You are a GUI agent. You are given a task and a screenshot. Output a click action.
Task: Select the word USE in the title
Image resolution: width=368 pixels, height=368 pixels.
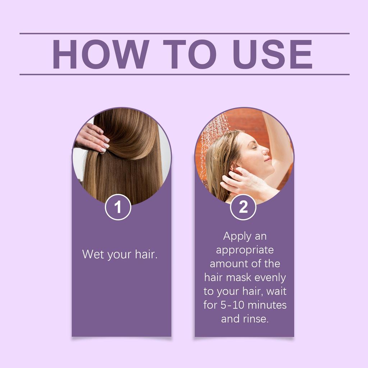tap(272, 54)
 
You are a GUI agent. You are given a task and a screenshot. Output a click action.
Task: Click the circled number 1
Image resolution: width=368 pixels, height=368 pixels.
tap(118, 207)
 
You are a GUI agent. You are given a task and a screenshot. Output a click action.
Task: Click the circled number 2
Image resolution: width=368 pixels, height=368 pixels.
tap(243, 207)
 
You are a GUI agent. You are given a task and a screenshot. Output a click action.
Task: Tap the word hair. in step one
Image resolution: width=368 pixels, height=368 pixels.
tap(146, 254)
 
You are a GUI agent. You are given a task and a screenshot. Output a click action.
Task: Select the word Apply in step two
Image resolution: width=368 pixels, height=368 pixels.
tap(235, 236)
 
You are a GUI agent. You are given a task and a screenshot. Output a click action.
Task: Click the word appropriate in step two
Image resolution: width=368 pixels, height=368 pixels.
tap(245, 250)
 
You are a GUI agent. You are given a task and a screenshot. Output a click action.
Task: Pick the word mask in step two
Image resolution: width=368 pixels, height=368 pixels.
tap(240, 277)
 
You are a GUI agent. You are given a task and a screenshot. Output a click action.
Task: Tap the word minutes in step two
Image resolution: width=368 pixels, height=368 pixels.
tap(268, 305)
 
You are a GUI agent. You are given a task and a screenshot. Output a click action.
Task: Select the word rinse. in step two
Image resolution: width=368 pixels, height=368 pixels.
tap(255, 319)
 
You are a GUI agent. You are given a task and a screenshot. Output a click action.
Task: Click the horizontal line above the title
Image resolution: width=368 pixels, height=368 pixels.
tap(184, 33)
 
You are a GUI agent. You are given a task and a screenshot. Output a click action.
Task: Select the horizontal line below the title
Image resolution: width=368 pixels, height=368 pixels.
tap(184, 74)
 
